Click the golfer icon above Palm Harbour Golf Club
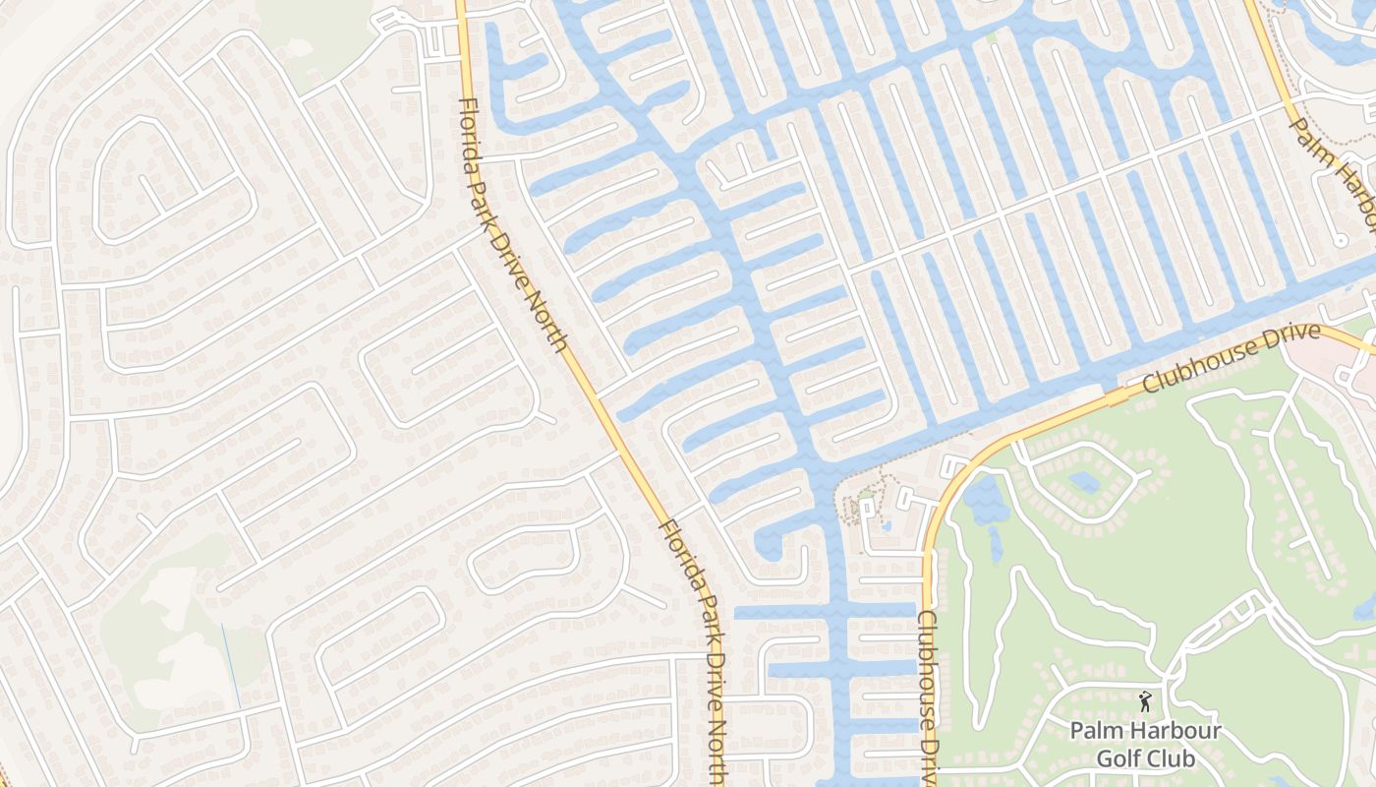click(1144, 701)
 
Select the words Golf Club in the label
click(1145, 758)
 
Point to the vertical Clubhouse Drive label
click(928, 694)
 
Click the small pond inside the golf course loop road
click(1084, 482)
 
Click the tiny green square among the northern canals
click(991, 37)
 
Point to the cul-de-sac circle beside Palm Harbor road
click(1340, 240)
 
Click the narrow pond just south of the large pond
click(995, 543)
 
